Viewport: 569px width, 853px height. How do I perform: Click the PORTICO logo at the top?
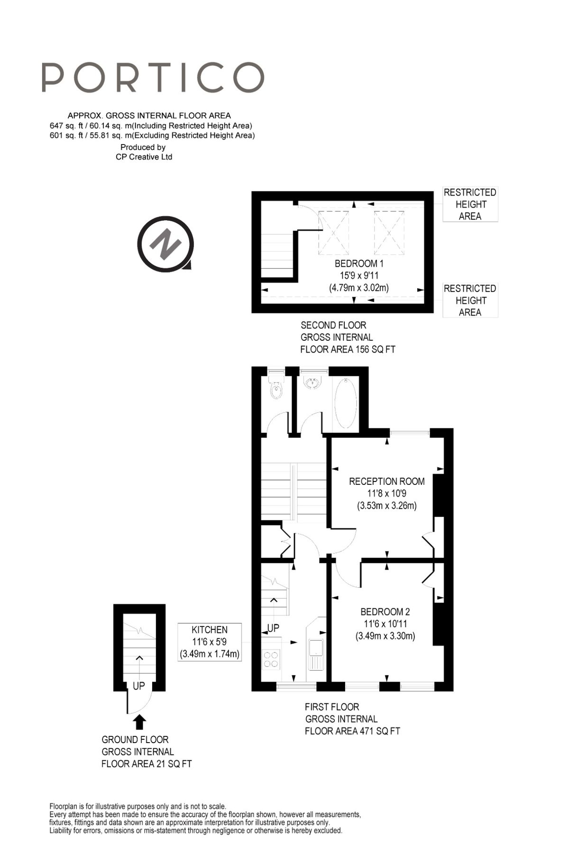(x=153, y=77)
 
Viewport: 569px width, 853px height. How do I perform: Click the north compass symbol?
(x=165, y=244)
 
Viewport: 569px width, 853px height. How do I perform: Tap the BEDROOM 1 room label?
(x=359, y=264)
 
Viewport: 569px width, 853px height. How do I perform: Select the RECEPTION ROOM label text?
(x=386, y=481)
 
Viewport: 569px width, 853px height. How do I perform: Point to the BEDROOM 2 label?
(x=385, y=612)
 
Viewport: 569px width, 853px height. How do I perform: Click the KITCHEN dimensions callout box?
(x=210, y=642)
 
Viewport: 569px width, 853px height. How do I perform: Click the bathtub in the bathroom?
(x=346, y=403)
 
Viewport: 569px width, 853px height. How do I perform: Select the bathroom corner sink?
(x=312, y=382)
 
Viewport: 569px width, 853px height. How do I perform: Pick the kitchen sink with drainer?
(x=315, y=654)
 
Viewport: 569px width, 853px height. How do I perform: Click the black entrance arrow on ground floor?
(x=139, y=722)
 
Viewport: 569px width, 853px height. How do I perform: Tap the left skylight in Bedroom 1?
(x=333, y=233)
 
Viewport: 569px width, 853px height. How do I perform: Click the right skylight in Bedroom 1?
(x=389, y=233)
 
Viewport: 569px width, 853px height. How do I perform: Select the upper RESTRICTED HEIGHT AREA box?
(x=470, y=204)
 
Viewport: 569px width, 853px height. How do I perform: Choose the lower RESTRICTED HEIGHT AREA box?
(x=470, y=300)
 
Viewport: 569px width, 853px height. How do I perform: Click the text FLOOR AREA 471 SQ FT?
(x=352, y=731)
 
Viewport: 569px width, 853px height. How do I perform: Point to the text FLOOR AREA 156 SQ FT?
(x=348, y=350)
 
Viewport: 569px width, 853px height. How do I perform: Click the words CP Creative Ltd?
(x=144, y=157)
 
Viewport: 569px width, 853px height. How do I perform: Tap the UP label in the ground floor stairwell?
(x=138, y=686)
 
